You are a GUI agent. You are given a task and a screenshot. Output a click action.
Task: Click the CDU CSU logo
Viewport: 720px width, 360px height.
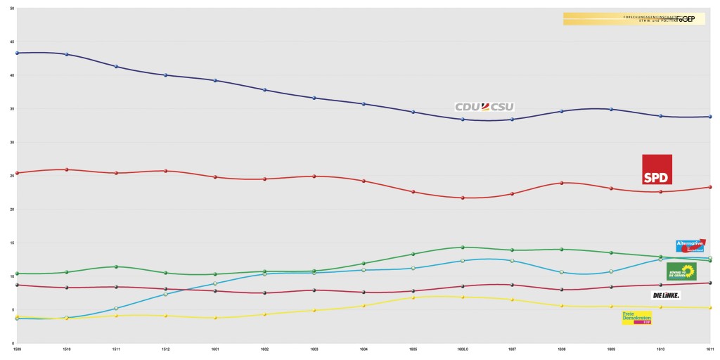[484, 107]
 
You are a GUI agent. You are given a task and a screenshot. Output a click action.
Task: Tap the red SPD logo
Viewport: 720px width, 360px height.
[657, 169]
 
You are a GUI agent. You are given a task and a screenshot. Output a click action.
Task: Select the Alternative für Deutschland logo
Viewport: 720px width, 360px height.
[690, 245]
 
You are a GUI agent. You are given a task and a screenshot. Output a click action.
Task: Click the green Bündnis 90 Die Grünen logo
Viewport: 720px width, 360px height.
[681, 271]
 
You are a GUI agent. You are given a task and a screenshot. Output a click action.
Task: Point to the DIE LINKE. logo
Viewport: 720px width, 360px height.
[665, 295]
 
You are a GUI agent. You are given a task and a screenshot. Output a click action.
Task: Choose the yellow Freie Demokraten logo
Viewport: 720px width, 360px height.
[636, 318]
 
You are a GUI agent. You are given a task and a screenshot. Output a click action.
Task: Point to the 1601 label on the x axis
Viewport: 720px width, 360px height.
[215, 348]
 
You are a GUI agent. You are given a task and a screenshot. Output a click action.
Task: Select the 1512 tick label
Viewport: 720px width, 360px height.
[166, 348]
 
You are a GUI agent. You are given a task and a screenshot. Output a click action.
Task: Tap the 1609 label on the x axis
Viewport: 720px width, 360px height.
[611, 348]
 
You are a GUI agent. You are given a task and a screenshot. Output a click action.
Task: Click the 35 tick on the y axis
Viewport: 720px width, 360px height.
[12, 109]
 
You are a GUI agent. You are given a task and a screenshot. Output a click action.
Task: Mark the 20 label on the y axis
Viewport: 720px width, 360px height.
[12, 210]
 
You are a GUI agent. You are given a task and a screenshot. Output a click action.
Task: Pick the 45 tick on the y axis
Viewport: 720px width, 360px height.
[12, 42]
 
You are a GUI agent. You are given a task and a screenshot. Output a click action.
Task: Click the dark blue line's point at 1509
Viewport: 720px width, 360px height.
[17, 53]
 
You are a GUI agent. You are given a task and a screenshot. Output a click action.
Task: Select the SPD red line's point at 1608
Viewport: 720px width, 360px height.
[561, 183]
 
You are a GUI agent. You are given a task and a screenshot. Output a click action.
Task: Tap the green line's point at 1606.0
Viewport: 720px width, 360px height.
[463, 247]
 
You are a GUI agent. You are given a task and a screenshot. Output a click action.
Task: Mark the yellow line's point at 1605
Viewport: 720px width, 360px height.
[413, 297]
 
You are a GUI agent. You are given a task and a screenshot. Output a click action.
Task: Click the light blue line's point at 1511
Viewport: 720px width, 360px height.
[116, 308]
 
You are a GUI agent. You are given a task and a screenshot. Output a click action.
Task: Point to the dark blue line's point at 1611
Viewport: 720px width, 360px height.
[710, 117]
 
